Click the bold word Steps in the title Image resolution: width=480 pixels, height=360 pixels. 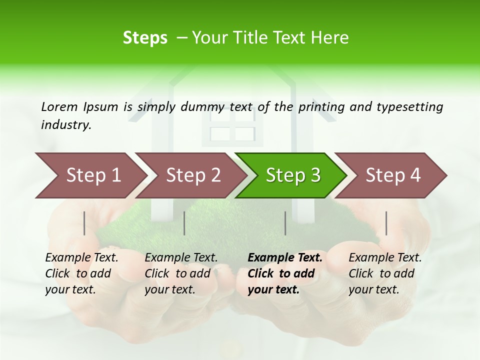point(145,38)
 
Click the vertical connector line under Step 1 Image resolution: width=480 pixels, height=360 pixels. point(84,223)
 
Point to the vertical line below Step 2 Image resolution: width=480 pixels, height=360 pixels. point(184,223)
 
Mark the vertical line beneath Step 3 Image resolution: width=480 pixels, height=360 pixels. point(285,223)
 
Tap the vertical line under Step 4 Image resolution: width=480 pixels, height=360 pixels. point(386,223)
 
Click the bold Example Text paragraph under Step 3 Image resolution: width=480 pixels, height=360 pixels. point(285,273)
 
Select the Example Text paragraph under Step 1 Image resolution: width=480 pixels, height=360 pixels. point(81,273)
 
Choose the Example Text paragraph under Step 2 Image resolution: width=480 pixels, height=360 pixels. point(181,273)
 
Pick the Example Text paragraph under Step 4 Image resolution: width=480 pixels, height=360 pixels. point(385,273)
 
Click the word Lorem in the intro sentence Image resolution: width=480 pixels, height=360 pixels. point(59,106)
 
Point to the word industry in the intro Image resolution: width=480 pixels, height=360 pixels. point(66,125)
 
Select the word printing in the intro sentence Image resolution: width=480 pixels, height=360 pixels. point(322,107)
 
